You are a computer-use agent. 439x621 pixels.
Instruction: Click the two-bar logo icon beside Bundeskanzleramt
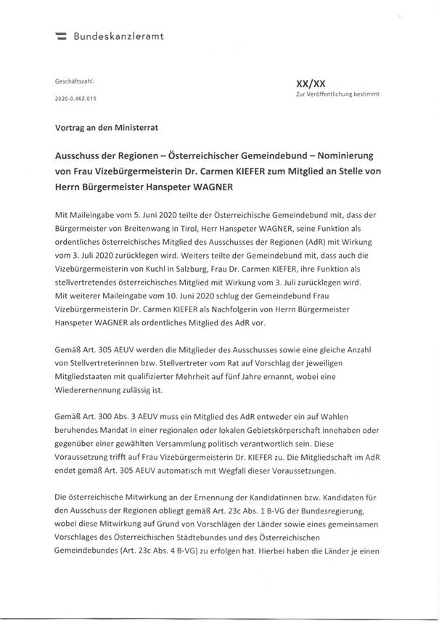61,35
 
